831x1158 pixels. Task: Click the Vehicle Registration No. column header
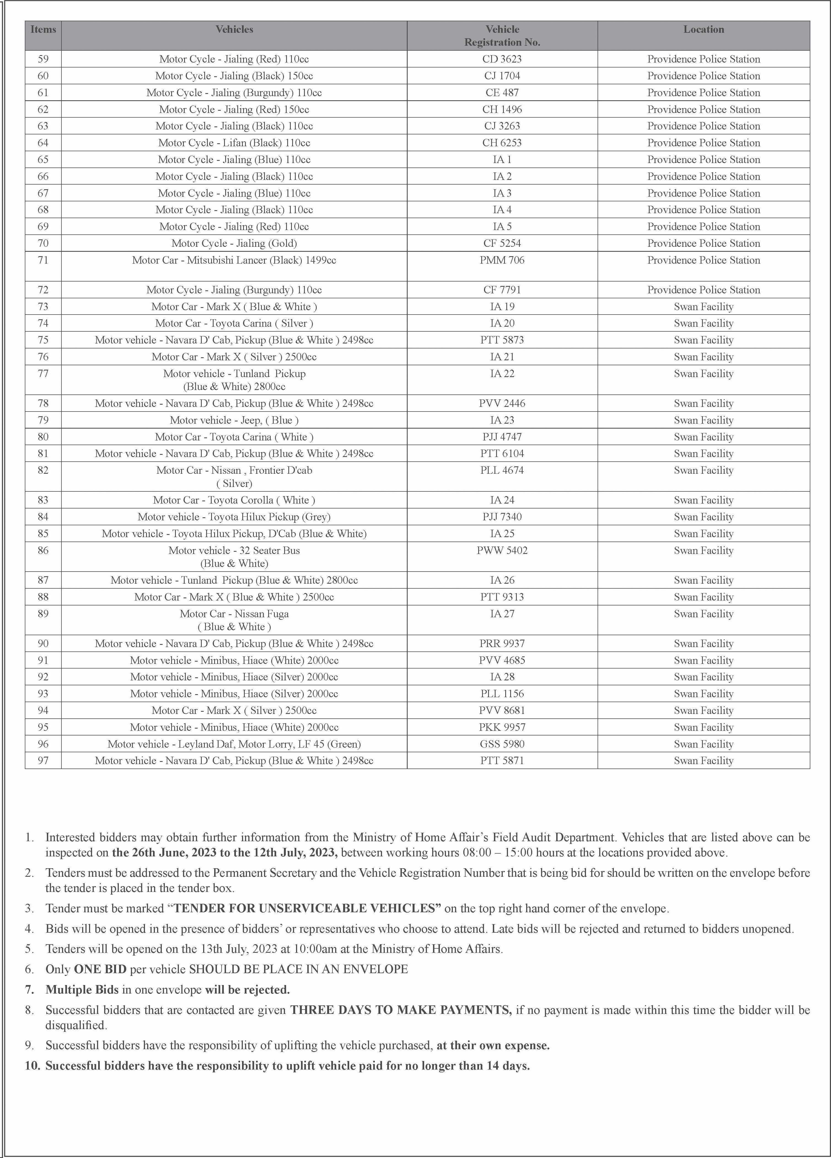pyautogui.click(x=502, y=36)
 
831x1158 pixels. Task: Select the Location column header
pyautogui.click(x=703, y=30)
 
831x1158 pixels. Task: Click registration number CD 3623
pyautogui.click(x=502, y=59)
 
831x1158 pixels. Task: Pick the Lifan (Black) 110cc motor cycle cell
pyautogui.click(x=234, y=143)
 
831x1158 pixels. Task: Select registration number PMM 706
pyautogui.click(x=502, y=260)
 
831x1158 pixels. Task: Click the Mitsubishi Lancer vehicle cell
pyautogui.click(x=234, y=260)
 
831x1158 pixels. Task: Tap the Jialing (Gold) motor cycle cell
pyautogui.click(x=234, y=243)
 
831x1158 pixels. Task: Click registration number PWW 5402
pyautogui.click(x=502, y=551)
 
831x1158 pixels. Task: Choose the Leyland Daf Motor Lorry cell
pyautogui.click(x=234, y=745)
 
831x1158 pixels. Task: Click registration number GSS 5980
pyautogui.click(x=502, y=745)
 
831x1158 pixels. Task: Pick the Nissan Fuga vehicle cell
pyautogui.click(x=234, y=620)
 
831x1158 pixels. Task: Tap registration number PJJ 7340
pyautogui.click(x=502, y=517)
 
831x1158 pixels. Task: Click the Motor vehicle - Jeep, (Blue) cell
pyautogui.click(x=234, y=421)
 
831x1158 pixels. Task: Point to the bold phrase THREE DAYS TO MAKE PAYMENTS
pyautogui.click(x=401, y=1010)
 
